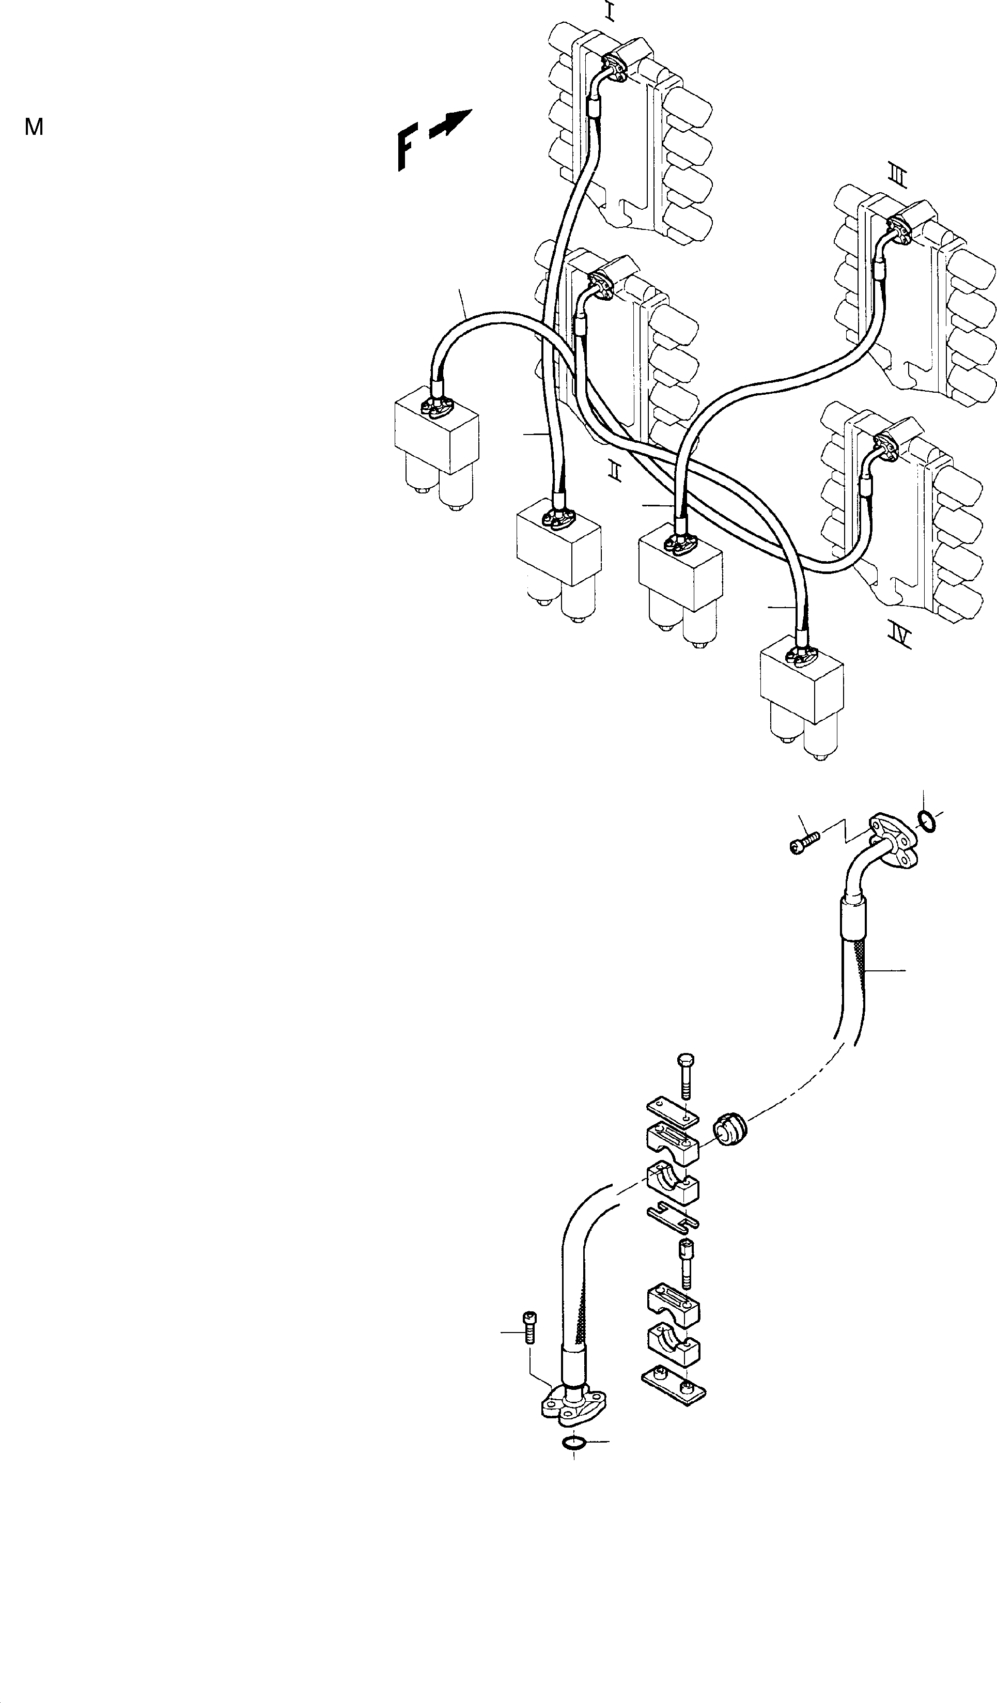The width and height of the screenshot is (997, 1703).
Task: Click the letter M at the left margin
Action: [x=34, y=127]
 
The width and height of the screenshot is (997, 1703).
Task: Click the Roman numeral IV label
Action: [x=900, y=635]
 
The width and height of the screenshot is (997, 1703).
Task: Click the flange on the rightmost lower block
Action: [x=801, y=655]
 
